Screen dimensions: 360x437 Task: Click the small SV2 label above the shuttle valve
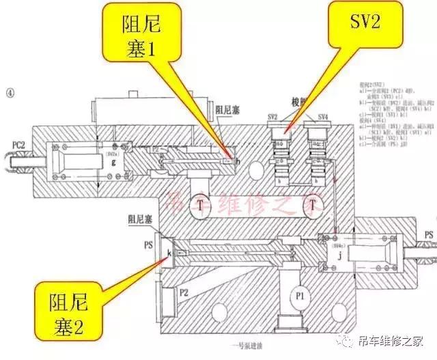coord(272,118)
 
